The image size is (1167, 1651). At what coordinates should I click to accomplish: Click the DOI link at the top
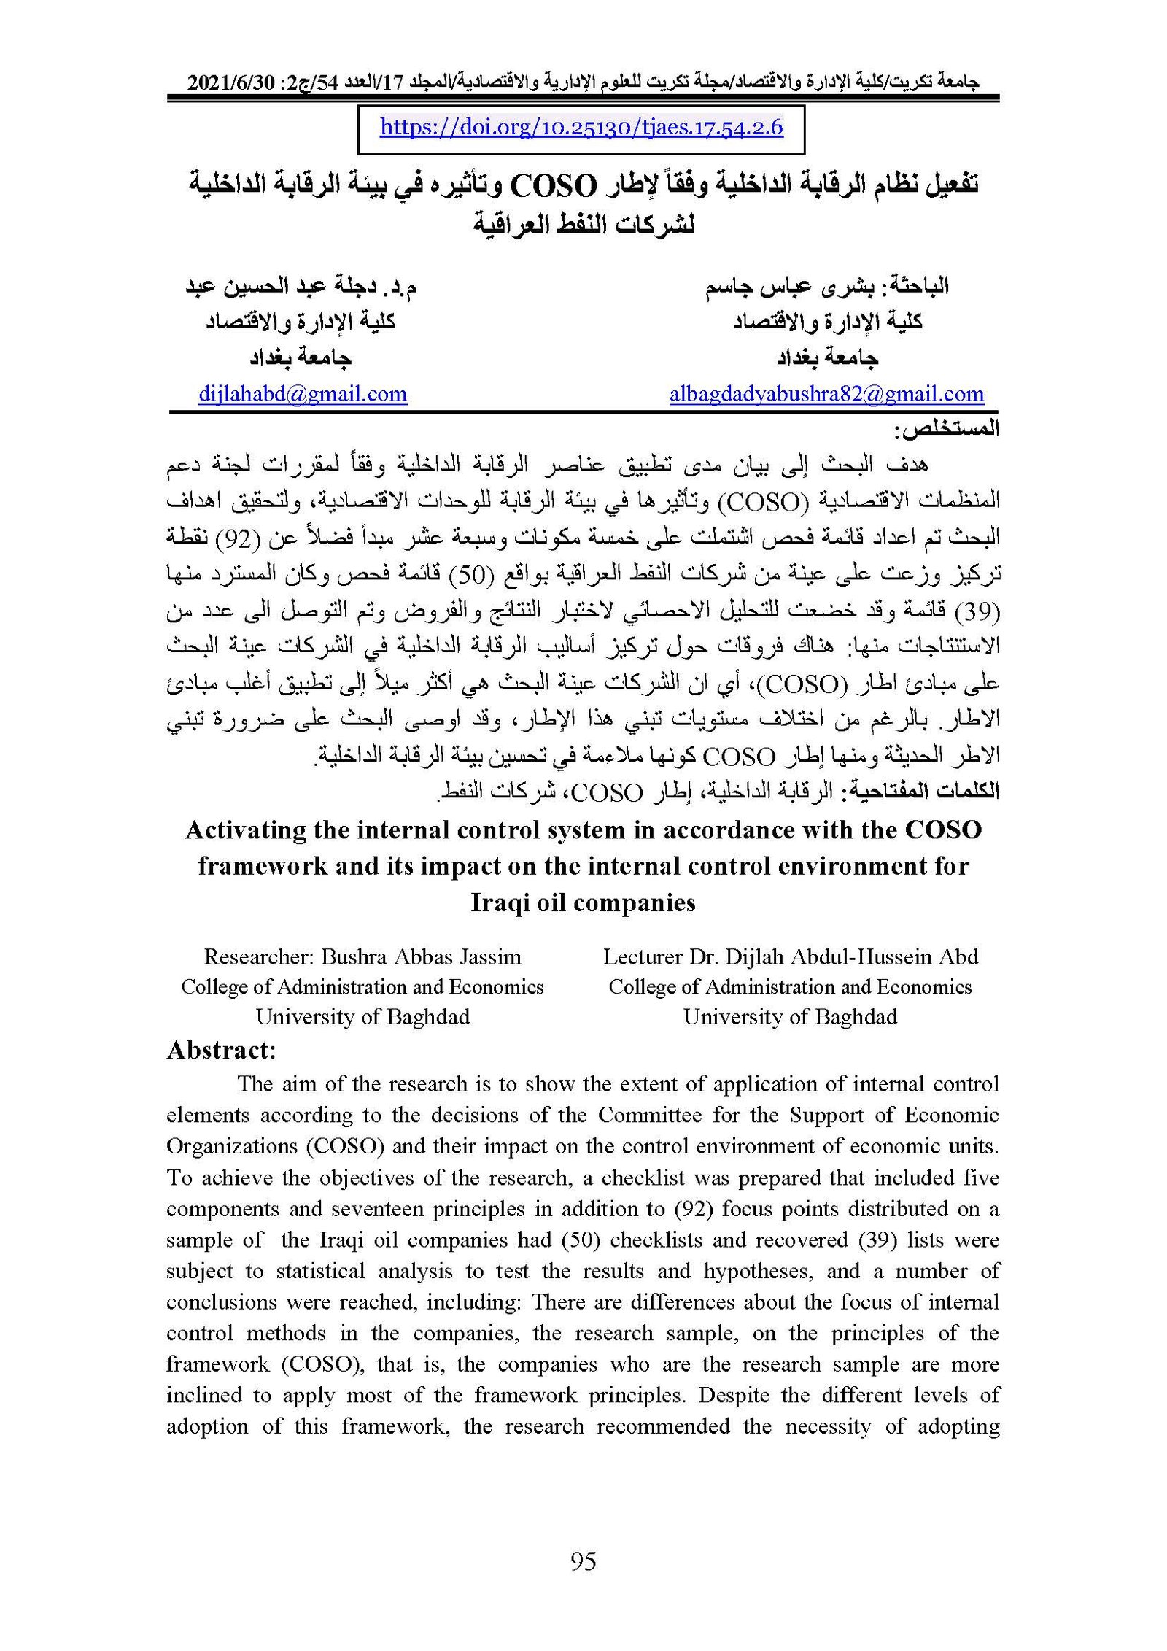(x=581, y=128)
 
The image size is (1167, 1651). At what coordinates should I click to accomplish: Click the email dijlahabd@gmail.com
(x=303, y=395)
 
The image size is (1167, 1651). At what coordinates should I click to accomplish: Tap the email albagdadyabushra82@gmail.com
(x=826, y=395)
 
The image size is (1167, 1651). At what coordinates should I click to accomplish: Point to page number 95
(x=583, y=1561)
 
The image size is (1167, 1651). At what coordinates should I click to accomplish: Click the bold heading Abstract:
(x=222, y=1050)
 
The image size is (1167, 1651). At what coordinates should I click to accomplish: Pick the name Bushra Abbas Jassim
(x=422, y=956)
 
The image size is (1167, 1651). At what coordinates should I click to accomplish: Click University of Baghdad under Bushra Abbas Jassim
(x=362, y=1017)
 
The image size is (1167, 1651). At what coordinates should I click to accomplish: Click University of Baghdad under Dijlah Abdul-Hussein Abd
(x=790, y=1017)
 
